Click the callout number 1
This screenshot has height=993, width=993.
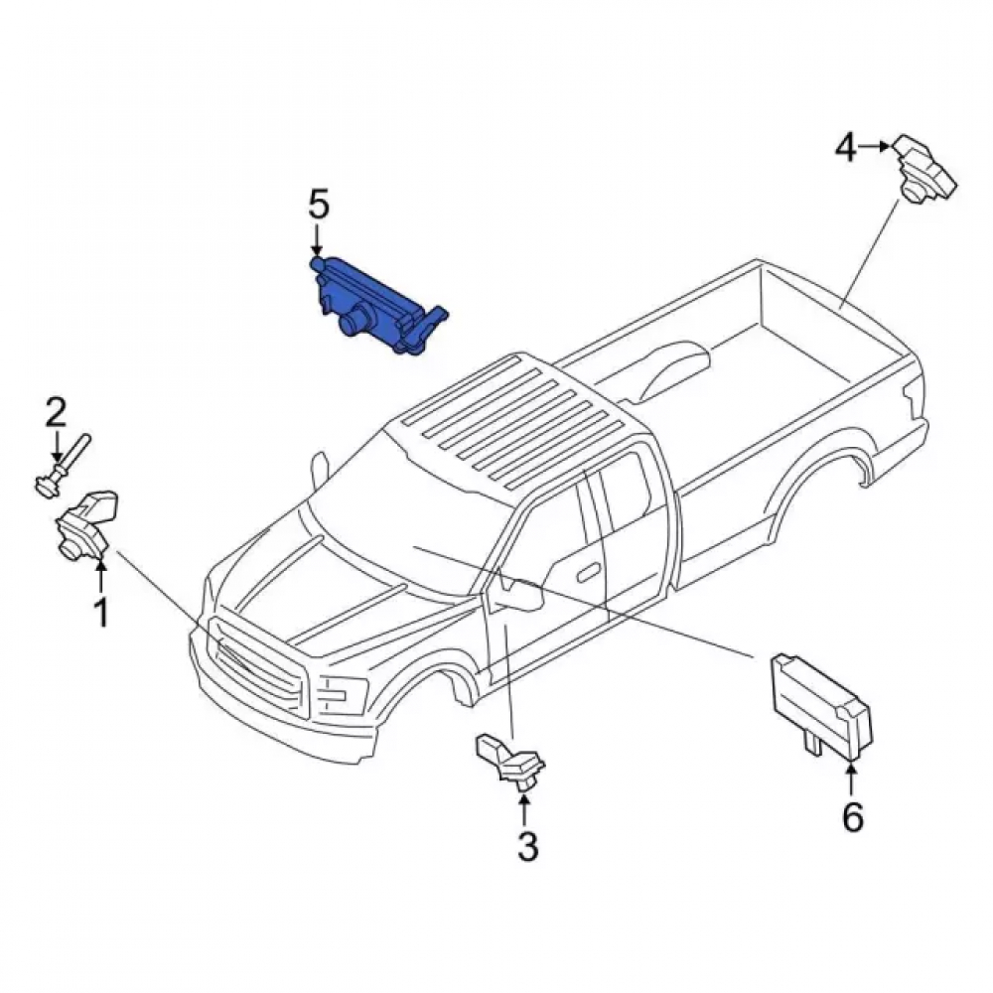(x=101, y=612)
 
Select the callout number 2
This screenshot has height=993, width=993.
(x=55, y=412)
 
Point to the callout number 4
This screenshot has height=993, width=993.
(x=846, y=148)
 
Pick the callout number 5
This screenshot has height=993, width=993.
(x=319, y=204)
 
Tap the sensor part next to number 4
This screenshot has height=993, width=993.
(x=924, y=169)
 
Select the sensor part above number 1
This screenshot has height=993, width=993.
(x=87, y=523)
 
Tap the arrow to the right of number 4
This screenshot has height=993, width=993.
(x=876, y=147)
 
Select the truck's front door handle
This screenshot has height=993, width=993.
(x=589, y=571)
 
